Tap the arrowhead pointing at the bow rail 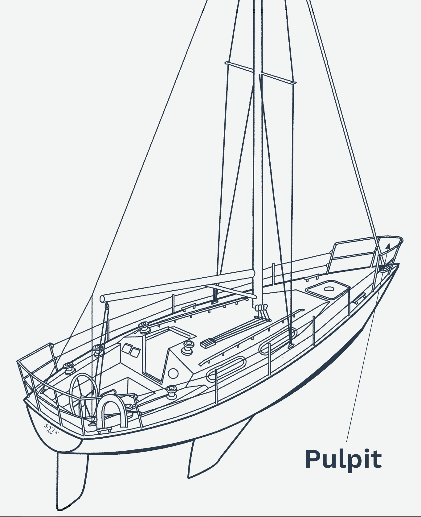[x=388, y=246]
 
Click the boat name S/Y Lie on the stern [x=51, y=428]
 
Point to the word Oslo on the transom [x=49, y=431]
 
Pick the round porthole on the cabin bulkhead [x=173, y=374]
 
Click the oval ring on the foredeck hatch [x=329, y=289]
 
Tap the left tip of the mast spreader [x=226, y=63]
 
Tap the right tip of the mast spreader [x=295, y=83]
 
